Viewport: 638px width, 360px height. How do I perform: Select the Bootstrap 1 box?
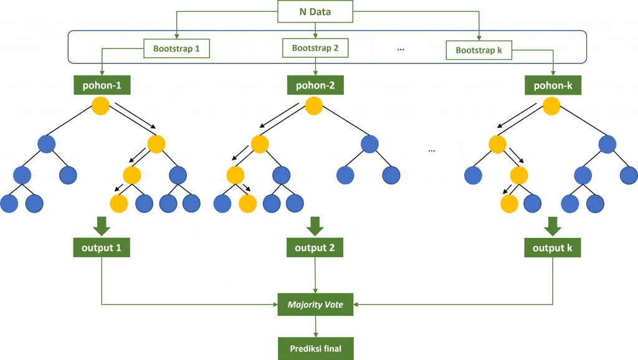[176, 49]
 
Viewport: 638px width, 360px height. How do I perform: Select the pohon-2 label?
[315, 86]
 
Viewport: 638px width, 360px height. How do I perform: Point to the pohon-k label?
[553, 86]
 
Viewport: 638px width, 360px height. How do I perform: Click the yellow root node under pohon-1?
[101, 106]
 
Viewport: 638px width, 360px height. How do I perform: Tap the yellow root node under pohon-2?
[315, 106]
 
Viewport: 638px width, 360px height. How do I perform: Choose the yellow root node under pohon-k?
[551, 106]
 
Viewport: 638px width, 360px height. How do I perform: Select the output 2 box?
[315, 248]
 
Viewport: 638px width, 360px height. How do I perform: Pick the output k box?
[553, 248]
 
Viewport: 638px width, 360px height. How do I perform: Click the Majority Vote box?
[315, 305]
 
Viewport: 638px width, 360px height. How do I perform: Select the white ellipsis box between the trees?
[431, 148]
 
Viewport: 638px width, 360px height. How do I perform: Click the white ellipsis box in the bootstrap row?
[401, 47]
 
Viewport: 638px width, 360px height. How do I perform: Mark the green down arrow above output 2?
[315, 225]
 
